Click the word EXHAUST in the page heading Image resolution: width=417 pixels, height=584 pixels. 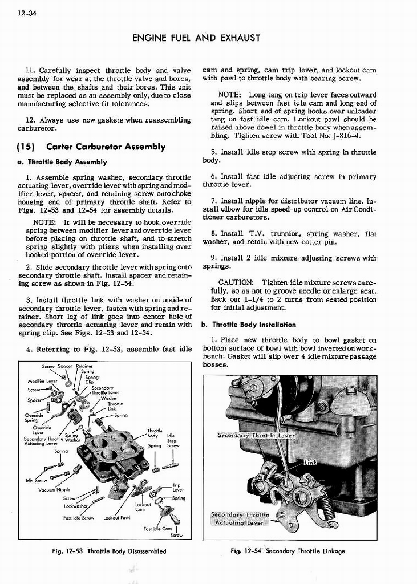point(240,38)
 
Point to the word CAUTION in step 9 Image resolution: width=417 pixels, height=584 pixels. point(236,282)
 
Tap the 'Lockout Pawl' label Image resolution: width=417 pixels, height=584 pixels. point(118,518)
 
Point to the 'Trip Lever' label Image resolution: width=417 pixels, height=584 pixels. point(177,488)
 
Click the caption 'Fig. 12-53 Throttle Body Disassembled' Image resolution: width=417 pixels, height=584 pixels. point(108,551)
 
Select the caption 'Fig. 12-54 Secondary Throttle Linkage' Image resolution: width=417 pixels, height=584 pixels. point(288,551)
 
